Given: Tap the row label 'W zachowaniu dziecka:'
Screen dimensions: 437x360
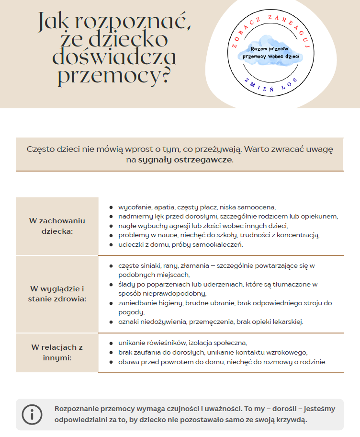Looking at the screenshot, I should click(57, 226).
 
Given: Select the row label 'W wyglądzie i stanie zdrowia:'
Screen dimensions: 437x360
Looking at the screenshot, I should click(57, 294).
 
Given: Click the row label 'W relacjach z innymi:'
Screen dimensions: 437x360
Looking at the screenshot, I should click(57, 352).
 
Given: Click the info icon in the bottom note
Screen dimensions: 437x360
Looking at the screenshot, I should click(32, 414).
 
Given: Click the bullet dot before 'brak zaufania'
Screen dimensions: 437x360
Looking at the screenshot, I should click(111, 352).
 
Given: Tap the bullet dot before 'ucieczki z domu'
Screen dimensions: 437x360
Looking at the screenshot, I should click(111, 244).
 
